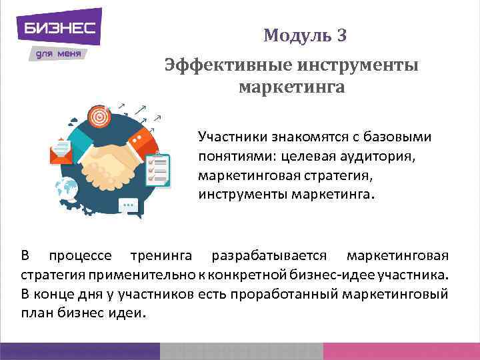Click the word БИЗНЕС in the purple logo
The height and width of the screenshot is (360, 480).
(59, 28)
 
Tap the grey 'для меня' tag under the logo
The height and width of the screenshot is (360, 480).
(59, 53)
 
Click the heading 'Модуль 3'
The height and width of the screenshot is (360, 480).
(305, 35)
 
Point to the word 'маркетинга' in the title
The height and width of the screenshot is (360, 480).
(292, 87)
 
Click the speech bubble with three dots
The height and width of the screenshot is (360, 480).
(129, 206)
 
